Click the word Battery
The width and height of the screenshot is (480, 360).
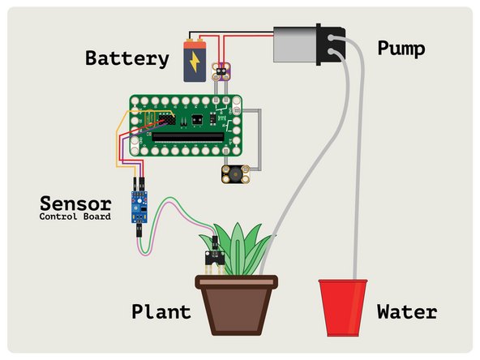click(x=127, y=58)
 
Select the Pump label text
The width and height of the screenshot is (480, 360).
click(x=401, y=49)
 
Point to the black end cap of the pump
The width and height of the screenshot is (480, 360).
click(x=329, y=44)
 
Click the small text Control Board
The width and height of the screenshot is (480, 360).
click(x=75, y=216)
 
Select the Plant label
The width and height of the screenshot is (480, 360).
click(x=161, y=312)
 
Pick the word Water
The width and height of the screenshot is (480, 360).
click(x=406, y=312)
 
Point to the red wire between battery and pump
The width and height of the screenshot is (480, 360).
click(x=243, y=37)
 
